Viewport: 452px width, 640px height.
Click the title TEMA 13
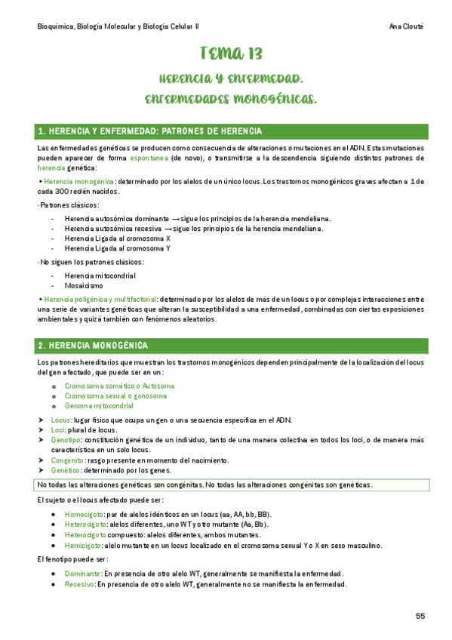point(231,54)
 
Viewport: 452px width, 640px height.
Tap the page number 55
point(420,616)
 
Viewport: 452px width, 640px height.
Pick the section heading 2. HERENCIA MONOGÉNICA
point(103,345)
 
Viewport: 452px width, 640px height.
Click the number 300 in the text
point(67,192)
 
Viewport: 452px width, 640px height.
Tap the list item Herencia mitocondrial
point(100,275)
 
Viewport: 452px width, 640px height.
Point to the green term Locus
point(60,420)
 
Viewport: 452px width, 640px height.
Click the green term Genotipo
point(65,440)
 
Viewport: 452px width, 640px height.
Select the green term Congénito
point(66,460)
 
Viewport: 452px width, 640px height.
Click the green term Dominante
point(82,574)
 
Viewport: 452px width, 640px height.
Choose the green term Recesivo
point(79,584)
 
